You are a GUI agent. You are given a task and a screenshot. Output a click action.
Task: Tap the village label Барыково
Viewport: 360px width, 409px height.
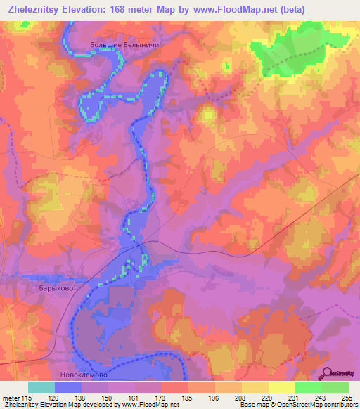pos(56,287)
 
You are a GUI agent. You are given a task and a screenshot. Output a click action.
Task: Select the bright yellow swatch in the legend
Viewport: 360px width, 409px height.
pos(282,387)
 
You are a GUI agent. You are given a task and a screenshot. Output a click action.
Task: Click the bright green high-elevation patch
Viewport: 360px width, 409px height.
pos(281,53)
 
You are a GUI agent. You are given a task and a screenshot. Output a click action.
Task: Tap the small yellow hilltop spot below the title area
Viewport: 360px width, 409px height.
pos(208,113)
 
